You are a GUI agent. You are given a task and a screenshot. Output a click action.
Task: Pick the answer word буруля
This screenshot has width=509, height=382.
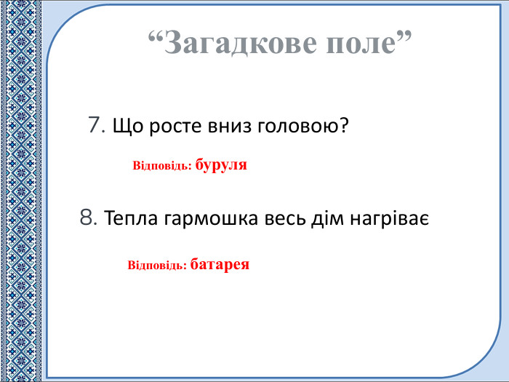click(222, 165)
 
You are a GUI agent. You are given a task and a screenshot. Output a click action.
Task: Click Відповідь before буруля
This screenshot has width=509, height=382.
click(161, 166)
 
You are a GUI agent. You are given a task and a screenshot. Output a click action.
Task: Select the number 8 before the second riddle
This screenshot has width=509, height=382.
click(88, 217)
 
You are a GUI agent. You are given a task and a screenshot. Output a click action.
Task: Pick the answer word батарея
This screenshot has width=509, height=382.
click(220, 263)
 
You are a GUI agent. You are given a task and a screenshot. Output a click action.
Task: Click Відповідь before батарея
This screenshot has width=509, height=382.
click(156, 264)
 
